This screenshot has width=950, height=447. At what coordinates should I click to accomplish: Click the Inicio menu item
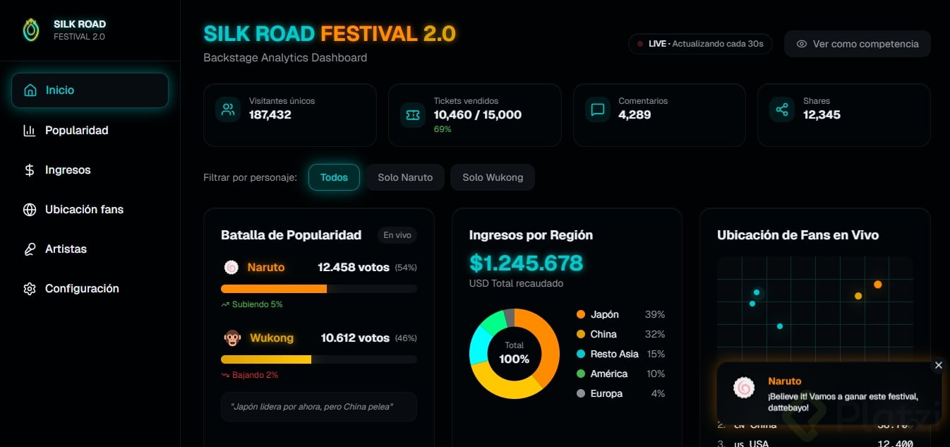90,90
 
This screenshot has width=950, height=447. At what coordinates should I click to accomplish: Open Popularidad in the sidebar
76,130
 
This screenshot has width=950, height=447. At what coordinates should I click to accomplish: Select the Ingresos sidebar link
68,169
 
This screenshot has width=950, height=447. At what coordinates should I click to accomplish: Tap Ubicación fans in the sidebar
84,209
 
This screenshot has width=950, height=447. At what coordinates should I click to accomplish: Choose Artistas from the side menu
66,249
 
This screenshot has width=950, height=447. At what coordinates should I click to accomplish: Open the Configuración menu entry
82,288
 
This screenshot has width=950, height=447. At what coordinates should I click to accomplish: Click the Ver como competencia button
857,44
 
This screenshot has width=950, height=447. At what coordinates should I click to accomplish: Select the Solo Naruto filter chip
405,177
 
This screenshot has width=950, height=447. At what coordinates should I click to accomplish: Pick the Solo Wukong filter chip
493,177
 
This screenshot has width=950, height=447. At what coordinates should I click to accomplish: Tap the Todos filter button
334,177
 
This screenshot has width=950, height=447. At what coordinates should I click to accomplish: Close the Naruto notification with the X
938,365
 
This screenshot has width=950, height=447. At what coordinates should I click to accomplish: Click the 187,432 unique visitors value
270,114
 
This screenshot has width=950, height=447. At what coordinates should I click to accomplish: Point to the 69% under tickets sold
443,129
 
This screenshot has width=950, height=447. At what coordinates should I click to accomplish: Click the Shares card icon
782,109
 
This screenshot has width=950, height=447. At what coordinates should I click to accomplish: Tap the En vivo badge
397,235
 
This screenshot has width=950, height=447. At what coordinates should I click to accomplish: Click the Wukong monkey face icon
232,338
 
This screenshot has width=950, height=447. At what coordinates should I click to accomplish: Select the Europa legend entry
606,393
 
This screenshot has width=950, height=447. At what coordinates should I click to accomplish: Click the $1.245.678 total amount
526,263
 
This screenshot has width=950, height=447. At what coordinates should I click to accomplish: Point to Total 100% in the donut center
514,353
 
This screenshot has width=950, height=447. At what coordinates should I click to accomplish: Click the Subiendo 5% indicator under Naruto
252,304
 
